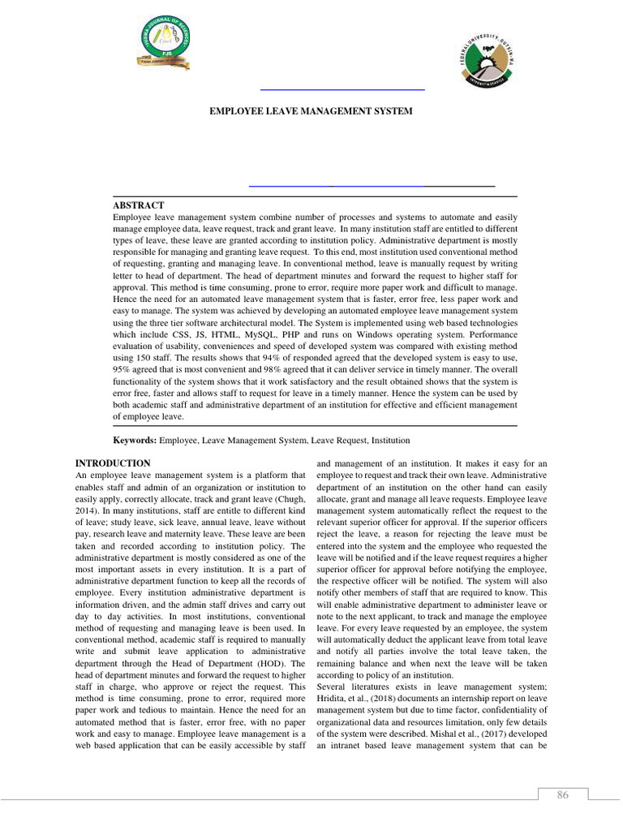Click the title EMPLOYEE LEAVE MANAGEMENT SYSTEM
point(311,110)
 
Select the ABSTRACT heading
point(139,205)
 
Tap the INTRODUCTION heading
point(112,463)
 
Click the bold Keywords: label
point(135,439)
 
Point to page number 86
point(562,795)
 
